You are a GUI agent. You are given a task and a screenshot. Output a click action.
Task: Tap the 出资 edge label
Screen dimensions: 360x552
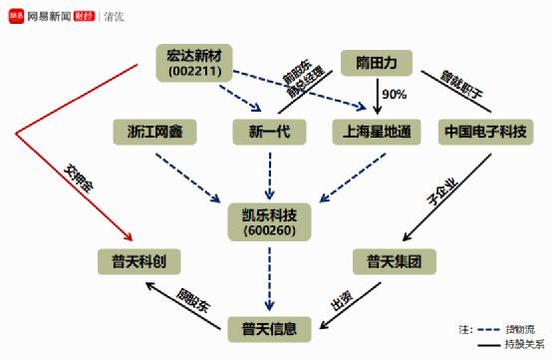click(x=340, y=300)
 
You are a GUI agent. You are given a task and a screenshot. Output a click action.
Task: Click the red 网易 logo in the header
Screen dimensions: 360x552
click(x=16, y=15)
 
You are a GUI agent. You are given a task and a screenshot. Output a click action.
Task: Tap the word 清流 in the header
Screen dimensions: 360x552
click(x=116, y=15)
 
